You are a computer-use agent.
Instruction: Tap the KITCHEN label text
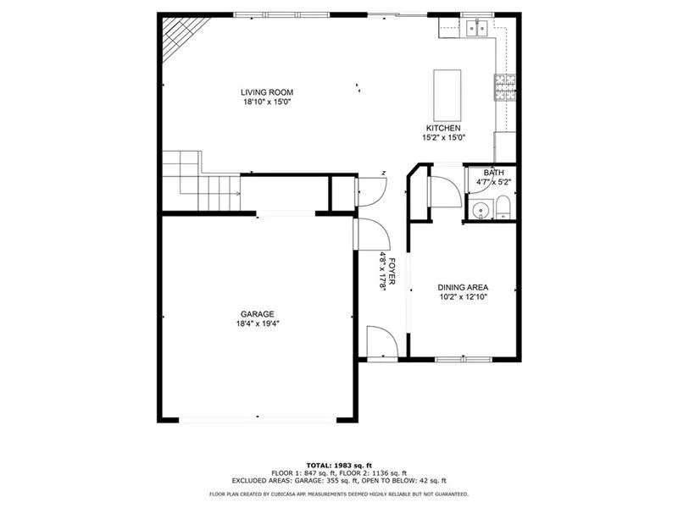[x=443, y=128]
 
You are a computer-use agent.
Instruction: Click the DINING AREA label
[x=463, y=287]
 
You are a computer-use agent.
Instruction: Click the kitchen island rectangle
[x=445, y=95]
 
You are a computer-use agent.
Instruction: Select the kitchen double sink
[x=476, y=30]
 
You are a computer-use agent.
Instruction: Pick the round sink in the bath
[x=481, y=210]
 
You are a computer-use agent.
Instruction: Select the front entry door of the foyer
[x=382, y=342]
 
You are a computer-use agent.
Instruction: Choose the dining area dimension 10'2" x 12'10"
[x=463, y=296]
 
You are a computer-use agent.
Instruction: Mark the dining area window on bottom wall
[x=463, y=360]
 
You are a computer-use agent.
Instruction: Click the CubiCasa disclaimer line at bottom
[x=339, y=494]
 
